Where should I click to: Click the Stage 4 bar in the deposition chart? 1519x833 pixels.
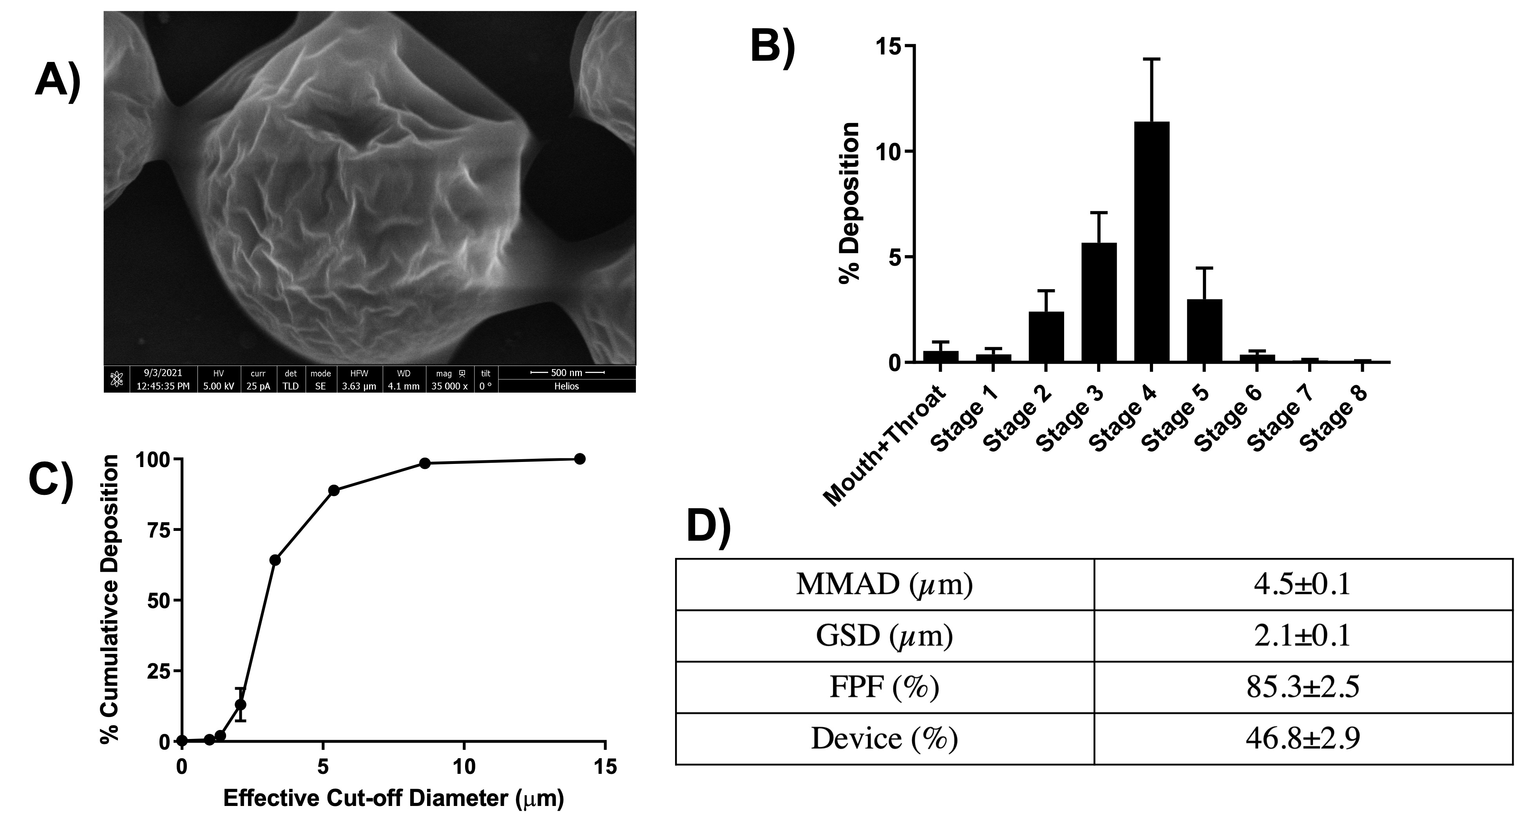point(1151,242)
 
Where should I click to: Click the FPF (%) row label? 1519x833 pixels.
point(884,687)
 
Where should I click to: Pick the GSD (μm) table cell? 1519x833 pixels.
point(884,636)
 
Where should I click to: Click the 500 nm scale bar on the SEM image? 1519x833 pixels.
point(567,373)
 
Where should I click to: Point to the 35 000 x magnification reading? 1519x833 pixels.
point(449,387)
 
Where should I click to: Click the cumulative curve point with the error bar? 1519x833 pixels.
point(241,704)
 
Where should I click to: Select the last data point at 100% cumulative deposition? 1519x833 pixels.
point(579,459)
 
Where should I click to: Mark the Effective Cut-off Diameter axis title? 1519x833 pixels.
point(393,798)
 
